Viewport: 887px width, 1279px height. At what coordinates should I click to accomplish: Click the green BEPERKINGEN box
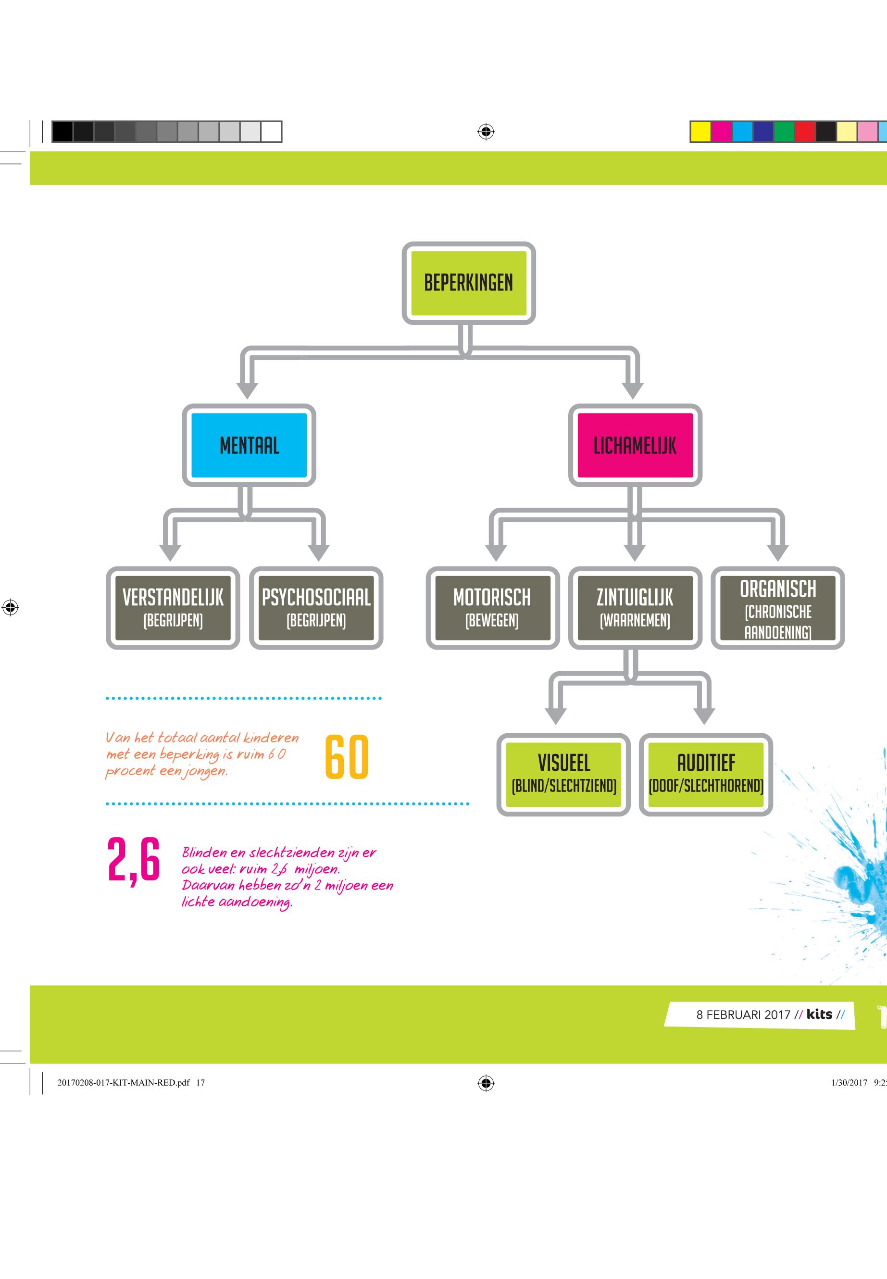469,283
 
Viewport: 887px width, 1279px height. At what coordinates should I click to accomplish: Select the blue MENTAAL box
249,445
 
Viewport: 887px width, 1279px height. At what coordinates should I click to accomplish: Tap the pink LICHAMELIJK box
635,445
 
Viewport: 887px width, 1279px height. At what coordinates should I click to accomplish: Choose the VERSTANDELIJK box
173,608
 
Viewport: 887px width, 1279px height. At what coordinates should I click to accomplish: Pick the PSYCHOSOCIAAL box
316,608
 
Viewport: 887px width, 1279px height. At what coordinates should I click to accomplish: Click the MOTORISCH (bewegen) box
492,608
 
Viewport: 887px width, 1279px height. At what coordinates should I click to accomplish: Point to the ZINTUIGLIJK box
635,608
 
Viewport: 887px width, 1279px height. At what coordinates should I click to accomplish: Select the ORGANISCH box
777,608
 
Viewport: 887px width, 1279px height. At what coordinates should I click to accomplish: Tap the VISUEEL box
563,774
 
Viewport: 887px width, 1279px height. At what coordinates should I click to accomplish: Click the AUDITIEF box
706,774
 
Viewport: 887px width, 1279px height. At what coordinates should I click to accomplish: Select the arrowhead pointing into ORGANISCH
777,552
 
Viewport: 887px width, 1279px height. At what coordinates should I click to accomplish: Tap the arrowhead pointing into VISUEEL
556,715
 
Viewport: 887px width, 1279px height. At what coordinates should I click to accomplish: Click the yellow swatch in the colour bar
701,132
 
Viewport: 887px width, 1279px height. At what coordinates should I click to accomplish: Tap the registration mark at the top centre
486,132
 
